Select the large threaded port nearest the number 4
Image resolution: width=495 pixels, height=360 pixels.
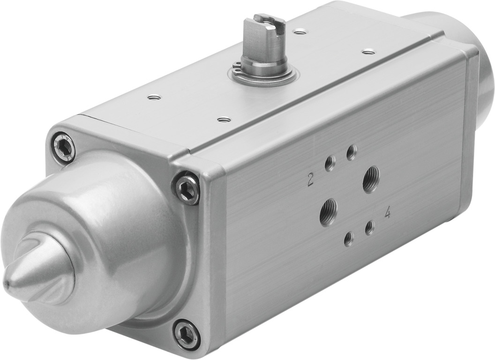tap(371, 180)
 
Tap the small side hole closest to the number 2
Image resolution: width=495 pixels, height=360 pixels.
tap(330, 164)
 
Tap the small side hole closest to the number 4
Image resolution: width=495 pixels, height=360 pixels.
tap(370, 228)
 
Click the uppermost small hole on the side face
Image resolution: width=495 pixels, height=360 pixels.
tap(351, 152)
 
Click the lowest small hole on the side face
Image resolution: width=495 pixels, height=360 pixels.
tap(348, 240)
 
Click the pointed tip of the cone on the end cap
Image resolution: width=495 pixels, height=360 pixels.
tap(7, 283)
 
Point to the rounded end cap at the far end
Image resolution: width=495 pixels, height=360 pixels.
tap(469, 47)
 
